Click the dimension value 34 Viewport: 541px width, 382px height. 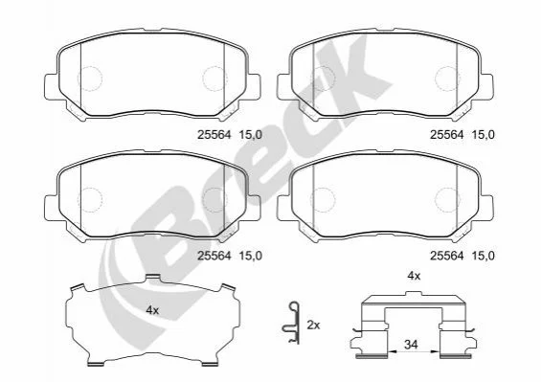coord(411,345)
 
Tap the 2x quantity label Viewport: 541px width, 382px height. coord(313,326)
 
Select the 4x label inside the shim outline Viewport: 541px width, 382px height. coord(152,310)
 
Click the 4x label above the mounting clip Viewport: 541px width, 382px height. coord(414,276)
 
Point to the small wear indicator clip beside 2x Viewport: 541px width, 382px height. coord(291,323)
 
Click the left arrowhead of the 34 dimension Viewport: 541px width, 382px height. coord(392,352)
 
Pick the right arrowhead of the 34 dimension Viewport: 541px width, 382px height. coord(436,352)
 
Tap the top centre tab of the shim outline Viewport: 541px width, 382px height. coord(153,277)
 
